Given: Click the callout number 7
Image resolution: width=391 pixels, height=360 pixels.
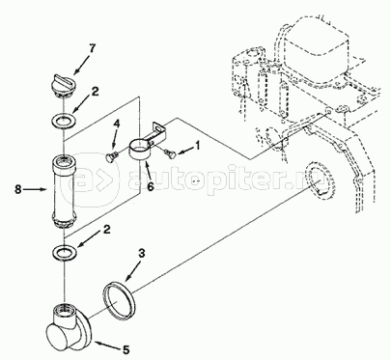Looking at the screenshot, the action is pos(93,49).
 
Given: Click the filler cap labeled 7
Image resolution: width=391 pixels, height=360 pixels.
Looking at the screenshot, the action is pos(64,85).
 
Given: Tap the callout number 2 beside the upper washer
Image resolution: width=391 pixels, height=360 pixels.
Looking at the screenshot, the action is pos(95,92).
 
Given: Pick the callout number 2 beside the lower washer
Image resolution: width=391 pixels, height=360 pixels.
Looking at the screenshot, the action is pos(106,230).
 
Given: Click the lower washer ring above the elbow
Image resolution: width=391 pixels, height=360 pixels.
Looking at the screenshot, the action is pos(65,252).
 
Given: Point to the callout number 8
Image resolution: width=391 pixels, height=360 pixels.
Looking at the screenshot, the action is pos(18,189).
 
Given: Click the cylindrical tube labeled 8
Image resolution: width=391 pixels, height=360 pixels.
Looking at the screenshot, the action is pos(64,191).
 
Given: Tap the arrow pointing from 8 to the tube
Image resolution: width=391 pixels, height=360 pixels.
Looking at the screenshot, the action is pos(36,189).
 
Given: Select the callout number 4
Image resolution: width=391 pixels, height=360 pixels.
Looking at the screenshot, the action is pos(116,125).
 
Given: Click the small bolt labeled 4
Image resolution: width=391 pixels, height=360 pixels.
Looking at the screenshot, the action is pos(112,156).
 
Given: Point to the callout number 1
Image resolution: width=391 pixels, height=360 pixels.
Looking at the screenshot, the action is pos(197,146).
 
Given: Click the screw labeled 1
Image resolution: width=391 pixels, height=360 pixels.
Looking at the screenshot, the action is pos(170,153).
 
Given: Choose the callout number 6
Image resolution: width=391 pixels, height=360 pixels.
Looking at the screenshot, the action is pos(151,185).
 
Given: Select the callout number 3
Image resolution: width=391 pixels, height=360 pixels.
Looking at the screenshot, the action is pos(142,254).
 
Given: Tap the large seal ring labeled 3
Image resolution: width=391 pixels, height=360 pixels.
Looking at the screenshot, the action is pos(119,301).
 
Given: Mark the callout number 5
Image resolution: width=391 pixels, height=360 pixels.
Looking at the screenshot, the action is pos(126,349).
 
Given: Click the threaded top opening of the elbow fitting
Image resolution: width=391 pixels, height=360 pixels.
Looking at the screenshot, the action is pos(65,309).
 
